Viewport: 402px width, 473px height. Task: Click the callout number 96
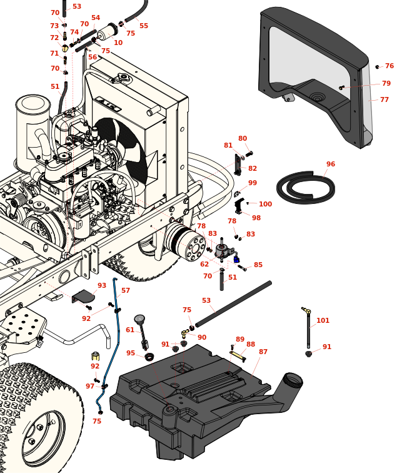[331, 165]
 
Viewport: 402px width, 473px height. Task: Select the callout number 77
[384, 99]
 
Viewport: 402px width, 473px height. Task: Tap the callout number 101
[323, 321]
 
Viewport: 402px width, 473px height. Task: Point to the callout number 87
[263, 352]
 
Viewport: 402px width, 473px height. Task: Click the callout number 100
[265, 204]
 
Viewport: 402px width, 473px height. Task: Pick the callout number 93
[102, 285]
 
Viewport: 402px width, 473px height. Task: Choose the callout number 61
[130, 330]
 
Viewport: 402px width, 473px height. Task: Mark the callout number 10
[118, 43]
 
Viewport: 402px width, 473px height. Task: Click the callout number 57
[126, 290]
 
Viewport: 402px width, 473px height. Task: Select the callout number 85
[258, 265]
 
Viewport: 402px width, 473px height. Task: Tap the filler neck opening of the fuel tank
[293, 380]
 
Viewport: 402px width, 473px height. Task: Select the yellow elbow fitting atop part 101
[306, 310]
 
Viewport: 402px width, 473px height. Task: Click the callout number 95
[131, 353]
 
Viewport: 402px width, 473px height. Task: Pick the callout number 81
[228, 145]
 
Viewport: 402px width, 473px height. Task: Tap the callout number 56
[93, 57]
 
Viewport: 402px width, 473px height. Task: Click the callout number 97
[90, 386]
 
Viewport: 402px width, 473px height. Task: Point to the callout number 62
[204, 265]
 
